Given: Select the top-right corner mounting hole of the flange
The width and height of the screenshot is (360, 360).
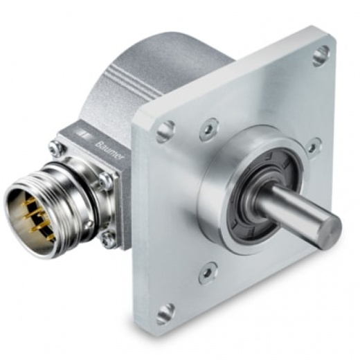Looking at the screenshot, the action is [321, 55].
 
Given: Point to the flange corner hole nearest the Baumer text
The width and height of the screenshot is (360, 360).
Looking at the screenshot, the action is [165, 131].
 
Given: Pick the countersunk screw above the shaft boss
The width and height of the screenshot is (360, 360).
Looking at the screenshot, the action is [209, 129].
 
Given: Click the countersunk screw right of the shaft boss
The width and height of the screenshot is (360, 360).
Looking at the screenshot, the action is [314, 148].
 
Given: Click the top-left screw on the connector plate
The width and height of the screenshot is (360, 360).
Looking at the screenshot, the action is [55, 147].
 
